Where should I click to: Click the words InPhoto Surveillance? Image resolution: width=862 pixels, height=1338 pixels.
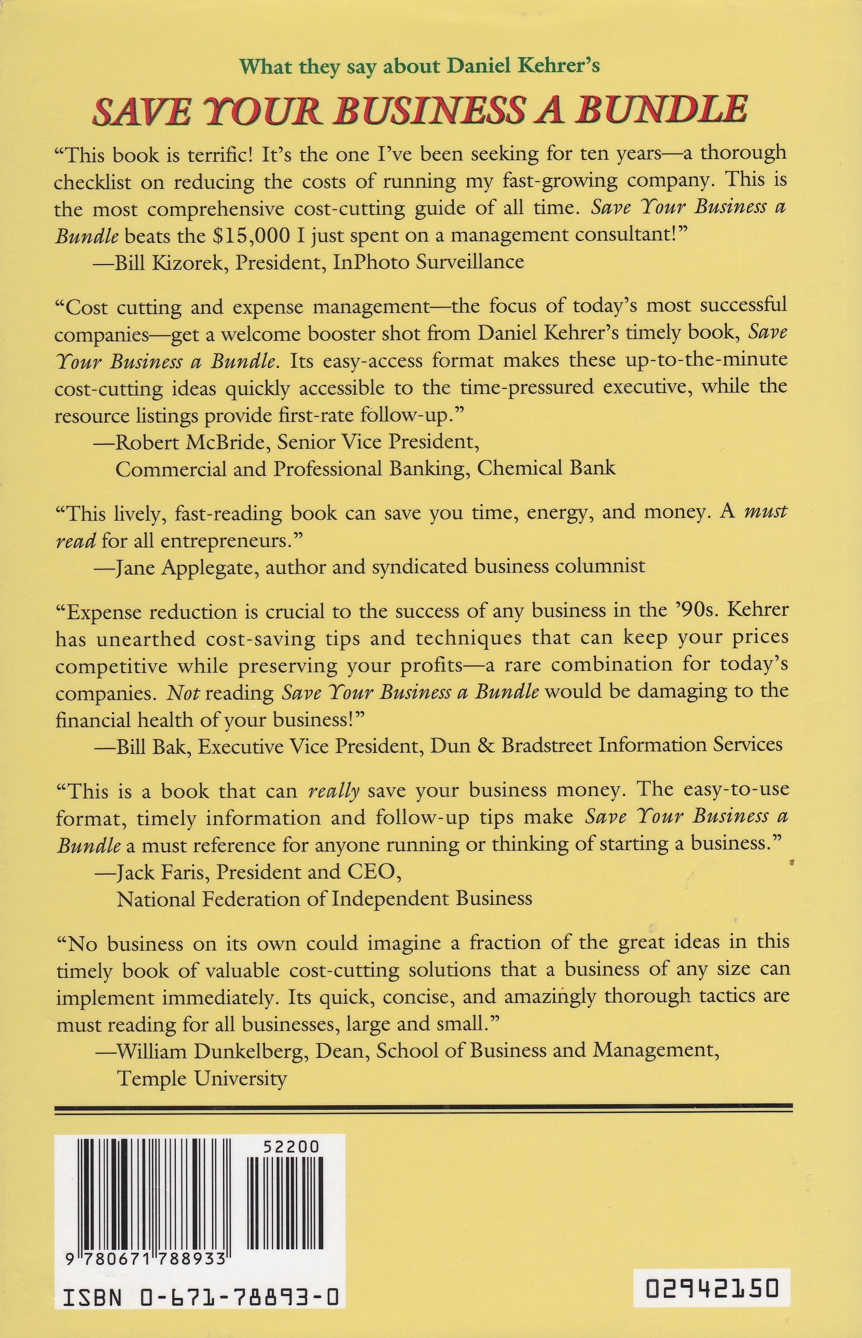[428, 261]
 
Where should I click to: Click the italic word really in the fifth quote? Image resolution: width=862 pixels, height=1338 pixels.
[333, 791]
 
